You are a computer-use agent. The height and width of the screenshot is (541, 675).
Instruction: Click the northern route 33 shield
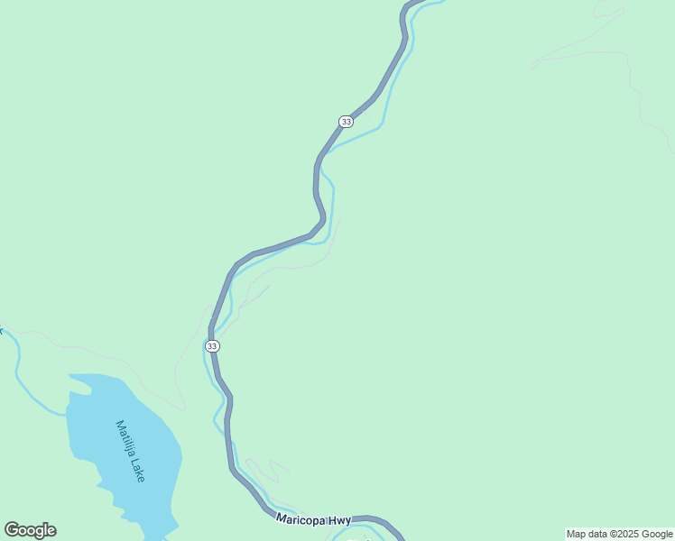click(x=346, y=121)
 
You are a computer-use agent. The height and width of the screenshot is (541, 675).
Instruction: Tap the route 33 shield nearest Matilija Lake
click(x=211, y=346)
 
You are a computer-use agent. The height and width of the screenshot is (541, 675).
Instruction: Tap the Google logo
click(x=30, y=530)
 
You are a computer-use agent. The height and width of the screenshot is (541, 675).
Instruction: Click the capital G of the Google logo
click(x=12, y=530)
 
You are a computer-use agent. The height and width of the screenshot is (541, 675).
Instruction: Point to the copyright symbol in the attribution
click(x=607, y=534)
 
